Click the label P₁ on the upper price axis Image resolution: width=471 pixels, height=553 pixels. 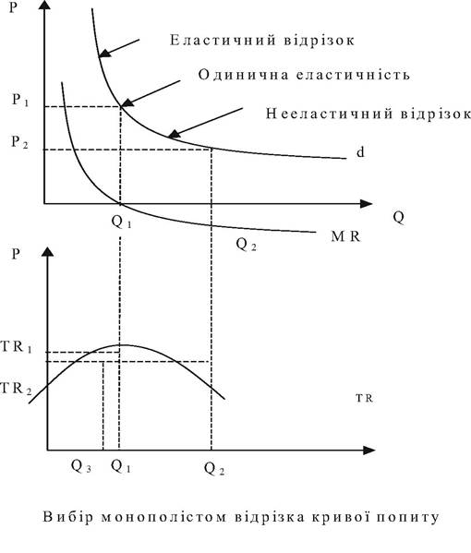coord(20,100)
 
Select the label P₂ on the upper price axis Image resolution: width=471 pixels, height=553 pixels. coord(19,142)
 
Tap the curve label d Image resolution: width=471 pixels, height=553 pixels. coord(360,152)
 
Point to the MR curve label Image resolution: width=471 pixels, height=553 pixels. coord(345,236)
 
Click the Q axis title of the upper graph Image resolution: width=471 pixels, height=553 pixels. coord(398,217)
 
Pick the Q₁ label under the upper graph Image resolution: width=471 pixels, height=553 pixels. coord(121,222)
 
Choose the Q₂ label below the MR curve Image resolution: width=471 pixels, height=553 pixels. coord(246,244)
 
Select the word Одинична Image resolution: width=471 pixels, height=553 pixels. coord(244,75)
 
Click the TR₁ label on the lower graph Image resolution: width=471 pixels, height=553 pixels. coord(17,347)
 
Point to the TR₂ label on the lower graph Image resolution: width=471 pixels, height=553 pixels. coord(17,389)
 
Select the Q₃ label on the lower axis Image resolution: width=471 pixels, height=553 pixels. coord(81,466)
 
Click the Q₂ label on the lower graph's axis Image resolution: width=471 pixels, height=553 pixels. coord(214,469)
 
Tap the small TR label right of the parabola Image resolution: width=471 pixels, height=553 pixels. coord(364,399)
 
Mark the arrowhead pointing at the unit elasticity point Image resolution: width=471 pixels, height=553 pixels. coord(127,102)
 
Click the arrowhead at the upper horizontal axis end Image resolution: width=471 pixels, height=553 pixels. coord(366,204)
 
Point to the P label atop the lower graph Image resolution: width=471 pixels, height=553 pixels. coord(15,254)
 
